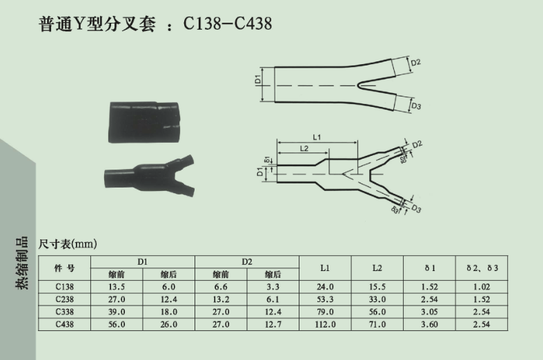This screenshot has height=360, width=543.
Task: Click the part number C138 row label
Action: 64,287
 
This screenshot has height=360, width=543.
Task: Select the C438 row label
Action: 64,324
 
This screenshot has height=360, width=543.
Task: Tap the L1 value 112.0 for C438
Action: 325,324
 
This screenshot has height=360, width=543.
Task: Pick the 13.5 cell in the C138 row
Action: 117,287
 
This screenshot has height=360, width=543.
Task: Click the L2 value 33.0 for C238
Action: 377,299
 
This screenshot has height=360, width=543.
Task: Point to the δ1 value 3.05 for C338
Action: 429,312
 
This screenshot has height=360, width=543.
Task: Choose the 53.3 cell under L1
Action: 325,299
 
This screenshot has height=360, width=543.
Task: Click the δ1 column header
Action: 430,268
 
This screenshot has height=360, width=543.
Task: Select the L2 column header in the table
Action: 377,268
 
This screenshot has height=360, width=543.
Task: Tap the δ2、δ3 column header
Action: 482,268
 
